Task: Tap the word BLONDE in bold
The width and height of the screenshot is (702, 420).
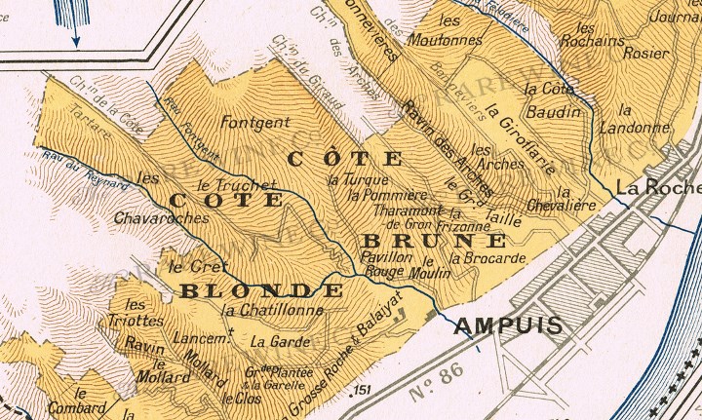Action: point(261,291)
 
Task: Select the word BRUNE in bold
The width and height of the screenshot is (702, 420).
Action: point(435,241)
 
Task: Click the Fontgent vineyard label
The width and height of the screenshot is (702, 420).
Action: point(255,123)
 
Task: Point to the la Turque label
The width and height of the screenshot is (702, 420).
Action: point(360,180)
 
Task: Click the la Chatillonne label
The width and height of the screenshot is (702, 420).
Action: point(272,311)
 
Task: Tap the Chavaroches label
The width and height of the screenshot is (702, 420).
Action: point(162,218)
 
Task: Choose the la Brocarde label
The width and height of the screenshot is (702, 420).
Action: point(488,259)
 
